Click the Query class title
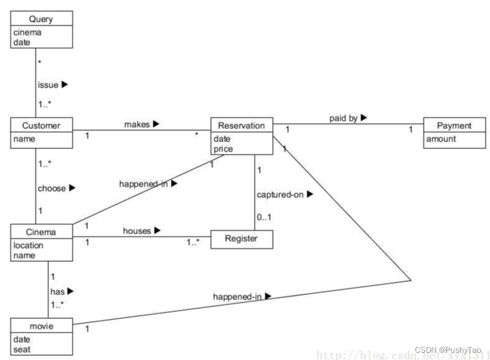[41, 19]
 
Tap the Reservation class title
[241, 126]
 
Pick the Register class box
[241, 239]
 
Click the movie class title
[41, 326]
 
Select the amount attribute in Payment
[441, 139]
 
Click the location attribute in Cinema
[28, 245]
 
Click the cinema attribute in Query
[28, 32]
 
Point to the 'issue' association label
[47, 85]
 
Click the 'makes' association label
[136, 124]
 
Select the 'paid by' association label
[343, 118]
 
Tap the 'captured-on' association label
[279, 195]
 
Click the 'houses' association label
[136, 230]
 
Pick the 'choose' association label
[52, 188]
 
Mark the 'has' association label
[57, 291]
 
